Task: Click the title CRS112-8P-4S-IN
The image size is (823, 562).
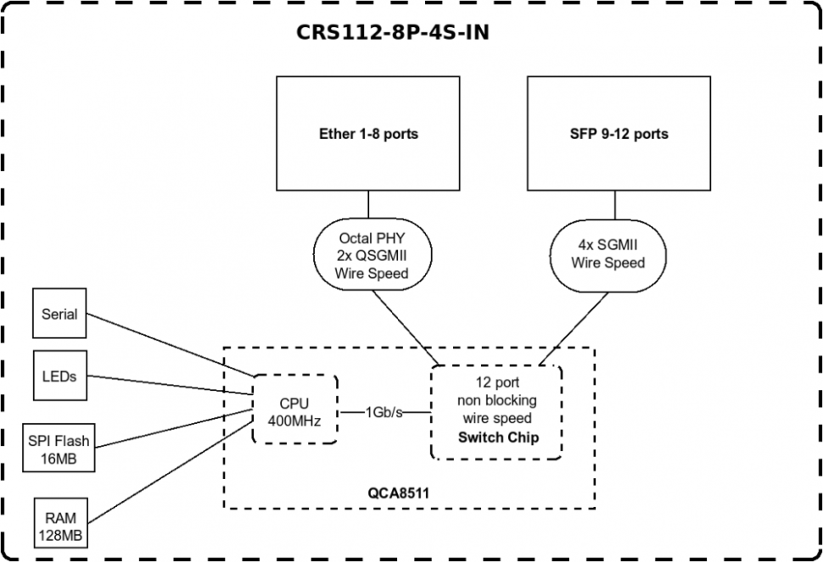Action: [392, 32]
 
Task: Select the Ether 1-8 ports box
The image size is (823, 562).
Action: [368, 133]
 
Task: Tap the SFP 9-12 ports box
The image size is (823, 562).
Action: [618, 133]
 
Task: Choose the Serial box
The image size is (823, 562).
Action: [59, 314]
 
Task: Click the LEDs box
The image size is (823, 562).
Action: [59, 376]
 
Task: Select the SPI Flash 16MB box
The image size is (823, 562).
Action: [59, 448]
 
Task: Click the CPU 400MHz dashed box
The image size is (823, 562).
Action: [294, 409]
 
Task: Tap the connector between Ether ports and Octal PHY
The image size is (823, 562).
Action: [368, 203]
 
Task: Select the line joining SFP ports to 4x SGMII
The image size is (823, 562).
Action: [618, 206]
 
